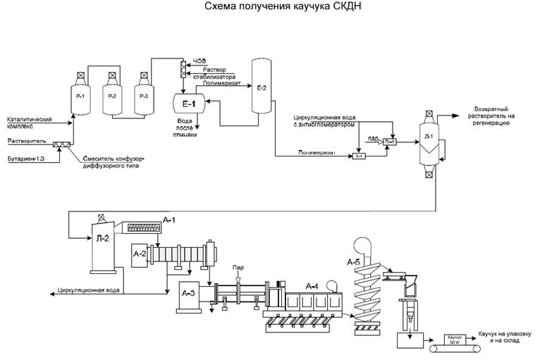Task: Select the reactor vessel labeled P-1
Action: [x=80, y=95]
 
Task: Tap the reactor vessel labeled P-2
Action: [x=112, y=95]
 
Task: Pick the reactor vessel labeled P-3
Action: [x=144, y=95]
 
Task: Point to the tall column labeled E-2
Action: [x=262, y=88]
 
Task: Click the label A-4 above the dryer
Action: [x=313, y=285]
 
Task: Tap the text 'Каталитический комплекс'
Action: [x=29, y=122]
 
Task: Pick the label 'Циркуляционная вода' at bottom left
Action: [x=89, y=290]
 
